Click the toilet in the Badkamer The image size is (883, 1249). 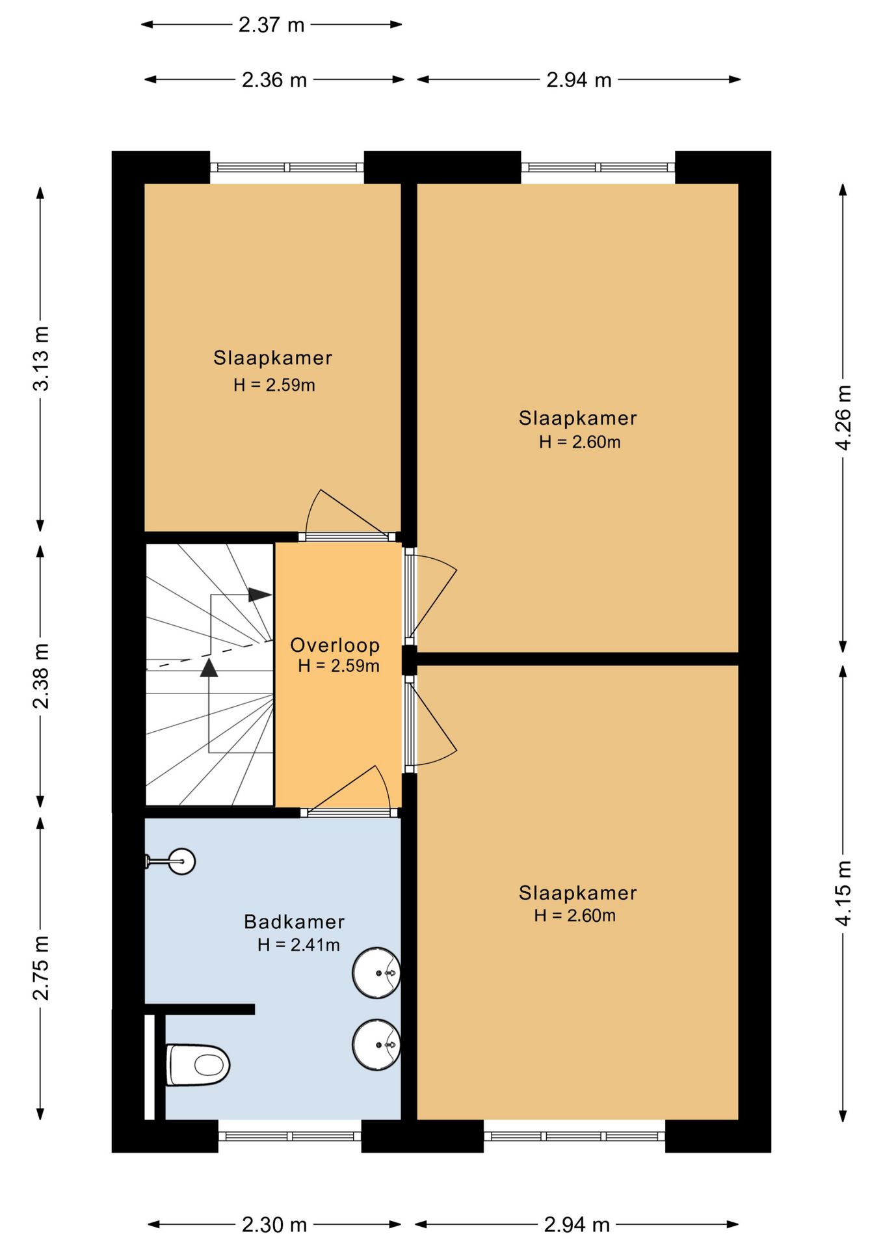[198, 1065]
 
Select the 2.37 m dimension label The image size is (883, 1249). [272, 25]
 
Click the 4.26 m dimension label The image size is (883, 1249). [843, 418]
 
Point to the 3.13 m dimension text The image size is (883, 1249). [40, 358]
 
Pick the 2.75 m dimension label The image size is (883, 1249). [40, 968]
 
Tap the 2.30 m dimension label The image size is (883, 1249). [274, 1225]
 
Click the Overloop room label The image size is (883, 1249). [335, 645]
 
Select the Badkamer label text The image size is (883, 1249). [294, 922]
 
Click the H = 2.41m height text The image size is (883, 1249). [298, 945]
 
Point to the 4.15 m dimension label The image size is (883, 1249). [843, 893]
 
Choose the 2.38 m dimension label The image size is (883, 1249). [40, 675]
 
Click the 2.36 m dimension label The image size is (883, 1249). [274, 80]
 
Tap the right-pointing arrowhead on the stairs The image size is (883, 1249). [260, 595]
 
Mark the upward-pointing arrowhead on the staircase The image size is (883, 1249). [209, 667]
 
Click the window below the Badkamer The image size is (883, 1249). [289, 1136]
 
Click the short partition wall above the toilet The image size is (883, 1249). [199, 1009]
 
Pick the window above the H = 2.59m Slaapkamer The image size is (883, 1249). [287, 167]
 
